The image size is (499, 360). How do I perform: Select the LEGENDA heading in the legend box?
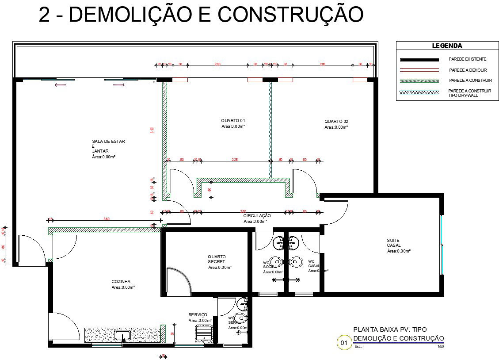[x=447, y=46]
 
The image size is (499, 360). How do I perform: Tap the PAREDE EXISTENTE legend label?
[x=467, y=59]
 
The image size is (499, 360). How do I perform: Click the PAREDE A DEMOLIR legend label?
[x=468, y=70]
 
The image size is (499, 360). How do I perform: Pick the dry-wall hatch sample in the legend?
[x=419, y=92]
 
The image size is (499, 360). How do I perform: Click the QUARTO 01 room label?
[x=233, y=121]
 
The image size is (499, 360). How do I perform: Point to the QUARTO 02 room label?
[x=336, y=122]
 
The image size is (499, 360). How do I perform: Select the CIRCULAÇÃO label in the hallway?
[x=257, y=215]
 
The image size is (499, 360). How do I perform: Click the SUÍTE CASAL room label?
[x=394, y=243]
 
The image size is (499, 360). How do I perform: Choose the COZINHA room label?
[x=121, y=281]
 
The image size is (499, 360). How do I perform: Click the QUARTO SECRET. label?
[x=217, y=259]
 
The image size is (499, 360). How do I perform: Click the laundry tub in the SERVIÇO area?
[x=204, y=332]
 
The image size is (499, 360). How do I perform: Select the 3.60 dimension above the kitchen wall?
[x=107, y=219]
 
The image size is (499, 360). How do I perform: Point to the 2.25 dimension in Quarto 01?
[x=234, y=160]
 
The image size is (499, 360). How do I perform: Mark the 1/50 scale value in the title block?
[x=440, y=347]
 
